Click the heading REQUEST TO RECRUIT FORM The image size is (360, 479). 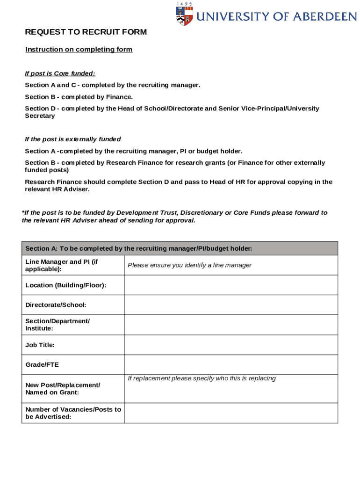pyautogui.click(x=86, y=32)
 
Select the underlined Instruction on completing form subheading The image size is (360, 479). pyautogui.click(x=79, y=50)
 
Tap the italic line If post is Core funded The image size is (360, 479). pyautogui.click(x=60, y=73)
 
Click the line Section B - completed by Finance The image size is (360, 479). pyautogui.click(x=79, y=97)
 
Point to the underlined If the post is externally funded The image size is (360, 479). pyautogui.click(x=72, y=139)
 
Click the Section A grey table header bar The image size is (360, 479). pyautogui.click(x=180, y=248)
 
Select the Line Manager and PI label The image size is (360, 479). pyautogui.click(x=61, y=265)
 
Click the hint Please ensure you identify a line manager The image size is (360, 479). pyautogui.click(x=189, y=265)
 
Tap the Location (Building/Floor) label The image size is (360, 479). pyautogui.click(x=65, y=285)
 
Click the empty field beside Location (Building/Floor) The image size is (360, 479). pyautogui.click(x=230, y=285)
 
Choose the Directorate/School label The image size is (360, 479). pyautogui.click(x=56, y=305)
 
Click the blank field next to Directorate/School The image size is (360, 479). pyautogui.click(x=230, y=305)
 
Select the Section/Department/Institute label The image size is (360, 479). pyautogui.click(x=57, y=325)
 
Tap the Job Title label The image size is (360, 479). pyautogui.click(x=40, y=345)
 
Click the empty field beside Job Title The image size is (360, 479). pyautogui.click(x=230, y=345)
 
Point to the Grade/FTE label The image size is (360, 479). pyautogui.click(x=42, y=365)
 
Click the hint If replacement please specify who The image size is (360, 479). pyautogui.click(x=202, y=378)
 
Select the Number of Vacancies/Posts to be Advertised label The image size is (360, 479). pyautogui.click(x=72, y=413)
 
